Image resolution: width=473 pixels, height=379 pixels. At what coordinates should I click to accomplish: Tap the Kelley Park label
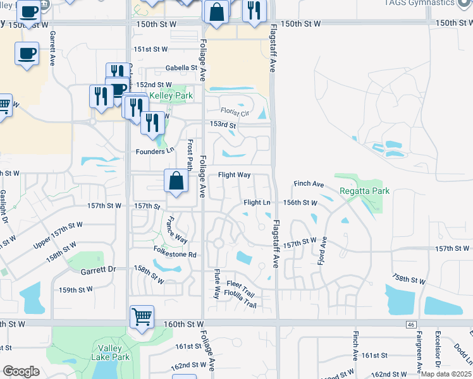(171, 96)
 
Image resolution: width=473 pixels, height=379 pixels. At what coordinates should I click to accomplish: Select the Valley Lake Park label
(114, 352)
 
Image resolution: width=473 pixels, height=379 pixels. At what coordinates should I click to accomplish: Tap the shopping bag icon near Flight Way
(176, 181)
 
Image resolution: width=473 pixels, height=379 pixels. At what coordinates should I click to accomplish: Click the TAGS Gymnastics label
(420, 3)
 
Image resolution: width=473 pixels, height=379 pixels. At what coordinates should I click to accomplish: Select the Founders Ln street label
(155, 152)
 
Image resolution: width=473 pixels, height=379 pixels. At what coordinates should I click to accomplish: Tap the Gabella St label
(182, 68)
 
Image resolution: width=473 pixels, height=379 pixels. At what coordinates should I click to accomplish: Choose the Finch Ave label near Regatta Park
(309, 184)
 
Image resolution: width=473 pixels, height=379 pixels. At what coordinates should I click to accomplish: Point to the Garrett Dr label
(99, 269)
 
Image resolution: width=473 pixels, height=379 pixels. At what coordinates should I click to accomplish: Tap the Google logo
(21, 371)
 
